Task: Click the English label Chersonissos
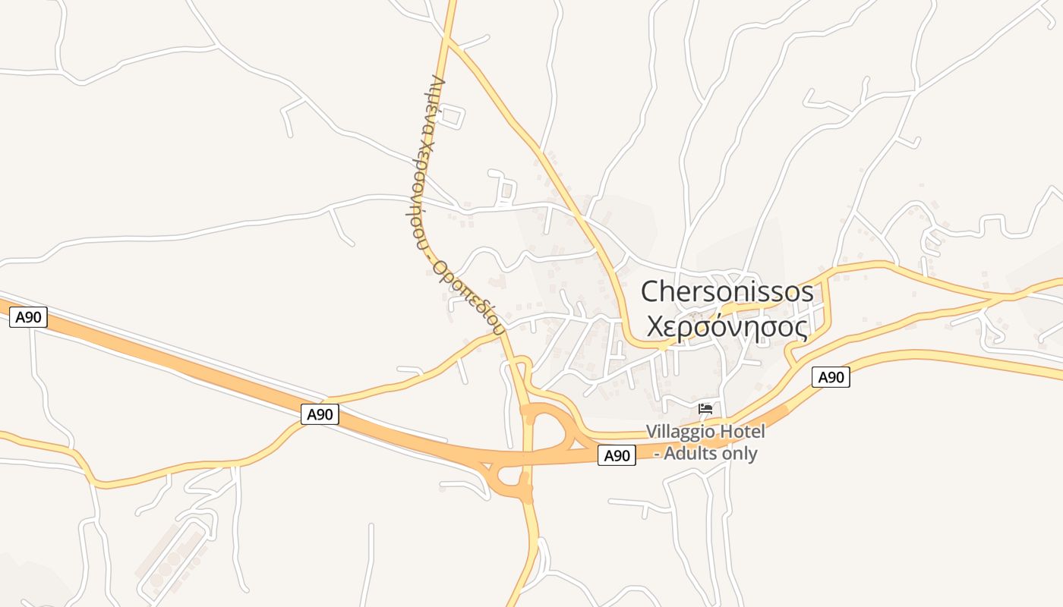pyautogui.click(x=727, y=291)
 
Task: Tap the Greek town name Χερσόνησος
pyautogui.click(x=727, y=326)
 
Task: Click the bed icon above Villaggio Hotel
pyautogui.click(x=705, y=409)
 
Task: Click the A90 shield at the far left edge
pyautogui.click(x=28, y=317)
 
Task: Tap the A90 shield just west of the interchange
pyautogui.click(x=320, y=414)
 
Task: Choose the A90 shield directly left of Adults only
pyautogui.click(x=617, y=455)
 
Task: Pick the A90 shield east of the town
pyautogui.click(x=831, y=377)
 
